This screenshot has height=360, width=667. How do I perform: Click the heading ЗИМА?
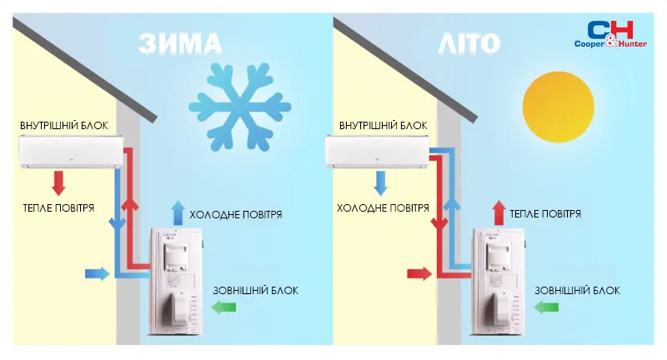pos(181,43)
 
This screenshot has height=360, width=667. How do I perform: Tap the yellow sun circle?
pos(550,99)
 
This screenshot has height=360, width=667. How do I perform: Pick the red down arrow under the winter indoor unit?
pos(59,182)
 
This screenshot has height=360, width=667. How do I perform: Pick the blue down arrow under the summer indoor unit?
pos(380,182)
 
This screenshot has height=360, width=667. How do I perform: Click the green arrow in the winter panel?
pos(223,308)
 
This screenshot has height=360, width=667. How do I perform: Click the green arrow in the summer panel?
pos(545,308)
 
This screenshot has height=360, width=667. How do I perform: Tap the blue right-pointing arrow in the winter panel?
pos(97,272)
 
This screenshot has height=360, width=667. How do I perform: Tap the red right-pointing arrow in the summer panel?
pos(419,272)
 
